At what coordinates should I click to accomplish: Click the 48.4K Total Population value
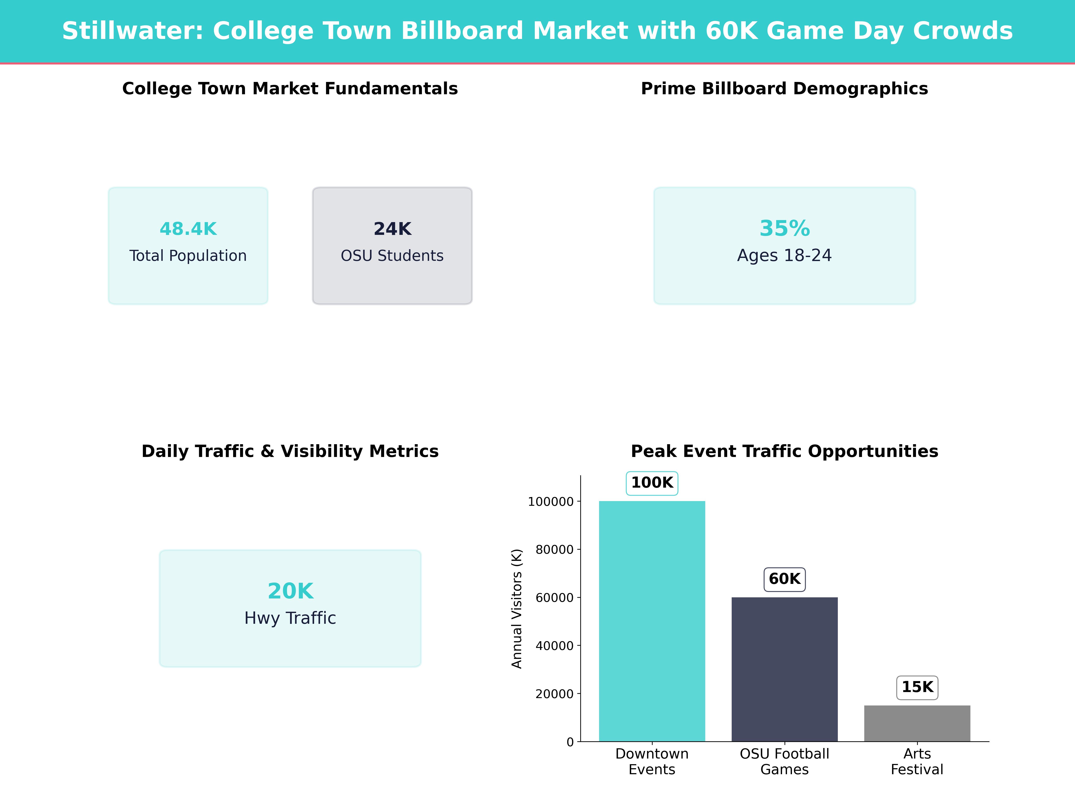[188, 229]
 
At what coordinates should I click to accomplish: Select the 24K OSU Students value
[392, 229]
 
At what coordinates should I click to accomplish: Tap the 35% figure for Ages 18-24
[784, 228]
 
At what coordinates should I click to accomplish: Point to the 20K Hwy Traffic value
[290, 591]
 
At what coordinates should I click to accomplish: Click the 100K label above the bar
[652, 483]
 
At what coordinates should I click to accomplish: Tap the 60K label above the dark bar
[784, 579]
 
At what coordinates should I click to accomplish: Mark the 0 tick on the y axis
[570, 742]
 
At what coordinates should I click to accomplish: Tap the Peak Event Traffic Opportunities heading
[784, 451]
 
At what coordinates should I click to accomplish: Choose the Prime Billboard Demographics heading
[784, 89]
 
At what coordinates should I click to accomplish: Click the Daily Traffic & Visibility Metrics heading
[290, 451]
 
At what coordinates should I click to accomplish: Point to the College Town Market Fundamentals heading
[290, 89]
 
